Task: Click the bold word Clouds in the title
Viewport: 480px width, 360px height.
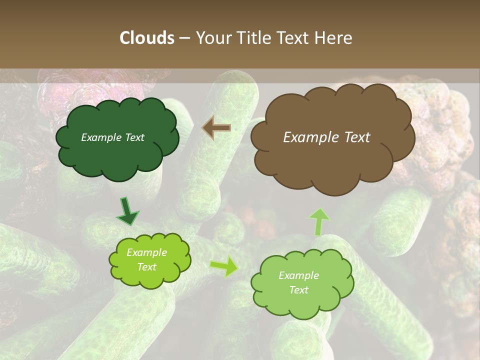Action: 146,38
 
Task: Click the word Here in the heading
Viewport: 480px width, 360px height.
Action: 333,38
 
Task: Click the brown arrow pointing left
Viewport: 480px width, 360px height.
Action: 216,128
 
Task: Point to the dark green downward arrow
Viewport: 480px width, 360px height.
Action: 127,211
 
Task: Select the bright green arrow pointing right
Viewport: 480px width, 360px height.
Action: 224,266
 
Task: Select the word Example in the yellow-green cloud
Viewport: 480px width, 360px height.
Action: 146,252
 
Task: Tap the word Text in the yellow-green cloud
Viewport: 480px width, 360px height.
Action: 146,267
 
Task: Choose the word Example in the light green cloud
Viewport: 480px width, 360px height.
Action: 298,275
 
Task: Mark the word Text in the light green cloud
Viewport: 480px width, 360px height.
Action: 298,290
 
